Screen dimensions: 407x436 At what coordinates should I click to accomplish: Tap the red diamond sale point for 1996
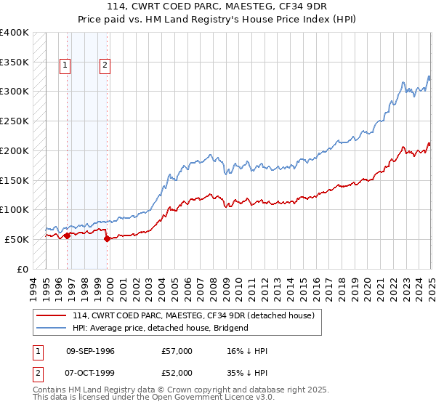[67, 235]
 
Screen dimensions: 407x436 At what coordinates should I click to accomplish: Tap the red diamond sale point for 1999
[107, 238]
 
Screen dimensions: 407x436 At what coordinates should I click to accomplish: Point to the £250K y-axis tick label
[15, 121]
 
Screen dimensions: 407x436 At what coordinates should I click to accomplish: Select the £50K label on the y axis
[17, 239]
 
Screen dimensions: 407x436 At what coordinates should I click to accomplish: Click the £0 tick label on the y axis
[23, 269]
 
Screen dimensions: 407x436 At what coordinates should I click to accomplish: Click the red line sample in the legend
[51, 315]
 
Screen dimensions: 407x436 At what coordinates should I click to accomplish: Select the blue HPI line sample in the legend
[51, 328]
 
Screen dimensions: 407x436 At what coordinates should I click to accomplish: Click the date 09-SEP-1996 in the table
[89, 351]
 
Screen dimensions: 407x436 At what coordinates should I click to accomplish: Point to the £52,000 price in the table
[177, 374]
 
